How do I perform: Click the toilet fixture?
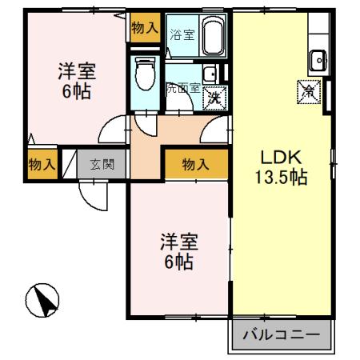[x=146, y=74]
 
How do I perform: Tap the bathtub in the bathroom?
[x=213, y=37]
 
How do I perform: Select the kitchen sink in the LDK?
[x=318, y=58]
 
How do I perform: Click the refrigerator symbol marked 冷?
[x=308, y=91]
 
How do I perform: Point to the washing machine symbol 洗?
[x=214, y=98]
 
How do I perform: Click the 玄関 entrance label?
[x=102, y=165]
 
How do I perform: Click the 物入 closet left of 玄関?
[x=41, y=165]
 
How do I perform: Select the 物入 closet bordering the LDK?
[x=196, y=165]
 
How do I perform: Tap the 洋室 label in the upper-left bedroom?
[x=74, y=69]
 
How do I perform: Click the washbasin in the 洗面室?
[x=209, y=76]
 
